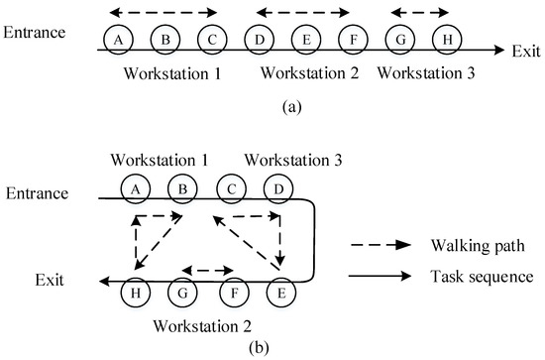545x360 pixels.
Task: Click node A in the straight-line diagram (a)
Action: [x=119, y=39]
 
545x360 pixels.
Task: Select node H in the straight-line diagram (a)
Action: [x=448, y=39]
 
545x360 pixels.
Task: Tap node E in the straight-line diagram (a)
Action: [x=304, y=39]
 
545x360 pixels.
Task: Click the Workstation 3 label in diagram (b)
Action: [x=284, y=159]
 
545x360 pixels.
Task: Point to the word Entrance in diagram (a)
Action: [x=35, y=32]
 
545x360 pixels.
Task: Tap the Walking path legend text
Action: [x=466, y=243]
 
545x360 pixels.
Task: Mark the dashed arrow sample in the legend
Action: [x=381, y=243]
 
